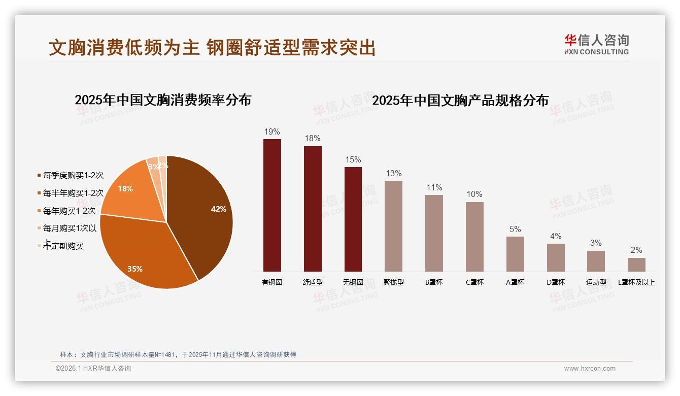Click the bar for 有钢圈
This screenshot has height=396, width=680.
coord(272,205)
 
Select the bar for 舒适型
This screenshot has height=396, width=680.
coord(313,209)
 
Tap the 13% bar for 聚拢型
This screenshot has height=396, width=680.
coord(393,226)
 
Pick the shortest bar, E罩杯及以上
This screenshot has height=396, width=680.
coord(636,265)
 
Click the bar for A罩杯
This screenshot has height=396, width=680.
coord(515,254)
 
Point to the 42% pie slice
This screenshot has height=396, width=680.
coord(203,213)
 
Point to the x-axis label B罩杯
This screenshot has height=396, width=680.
coord(434,282)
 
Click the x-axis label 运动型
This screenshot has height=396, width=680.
coord(596,282)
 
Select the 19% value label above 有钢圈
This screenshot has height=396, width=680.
coord(272,132)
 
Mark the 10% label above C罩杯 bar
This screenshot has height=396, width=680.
coord(474,194)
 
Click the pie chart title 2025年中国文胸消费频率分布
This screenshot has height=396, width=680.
coord(163,100)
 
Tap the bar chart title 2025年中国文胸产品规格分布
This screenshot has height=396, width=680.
coord(460,101)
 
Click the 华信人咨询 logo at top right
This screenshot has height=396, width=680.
coord(596,44)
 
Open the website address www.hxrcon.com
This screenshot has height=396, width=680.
coord(590,369)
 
